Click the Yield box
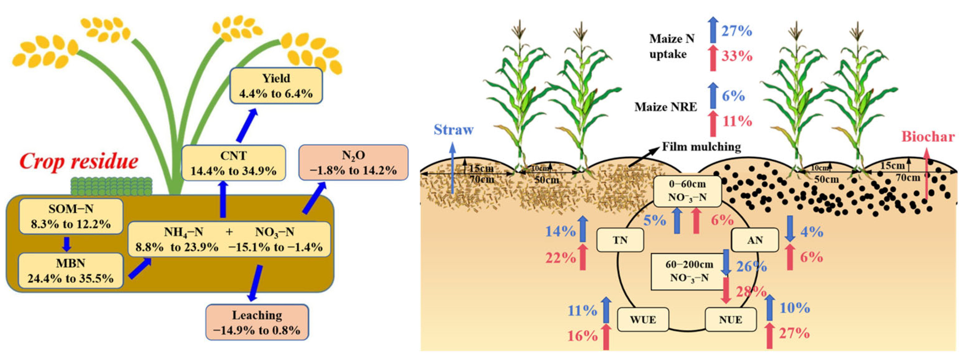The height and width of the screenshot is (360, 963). coord(276,86)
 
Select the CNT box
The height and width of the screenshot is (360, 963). coord(233,163)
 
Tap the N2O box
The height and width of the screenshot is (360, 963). coord(353,163)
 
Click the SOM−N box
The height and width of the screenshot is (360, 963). coord(71,216)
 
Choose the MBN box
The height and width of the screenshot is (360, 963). coord(71,271)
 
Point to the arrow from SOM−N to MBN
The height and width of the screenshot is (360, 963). coord(67,244)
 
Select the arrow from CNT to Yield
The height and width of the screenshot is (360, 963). coord(247,126)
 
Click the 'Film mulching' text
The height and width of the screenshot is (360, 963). coord(701,146)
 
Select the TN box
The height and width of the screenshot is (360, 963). coord(620,240)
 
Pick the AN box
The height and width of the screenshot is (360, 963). coord(755,240)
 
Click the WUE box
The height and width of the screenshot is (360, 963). coord(643,319)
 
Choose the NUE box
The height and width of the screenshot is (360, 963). coord(731,319)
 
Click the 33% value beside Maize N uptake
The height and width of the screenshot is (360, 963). coord(737,56)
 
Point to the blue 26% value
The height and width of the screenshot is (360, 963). coord(751,267)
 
